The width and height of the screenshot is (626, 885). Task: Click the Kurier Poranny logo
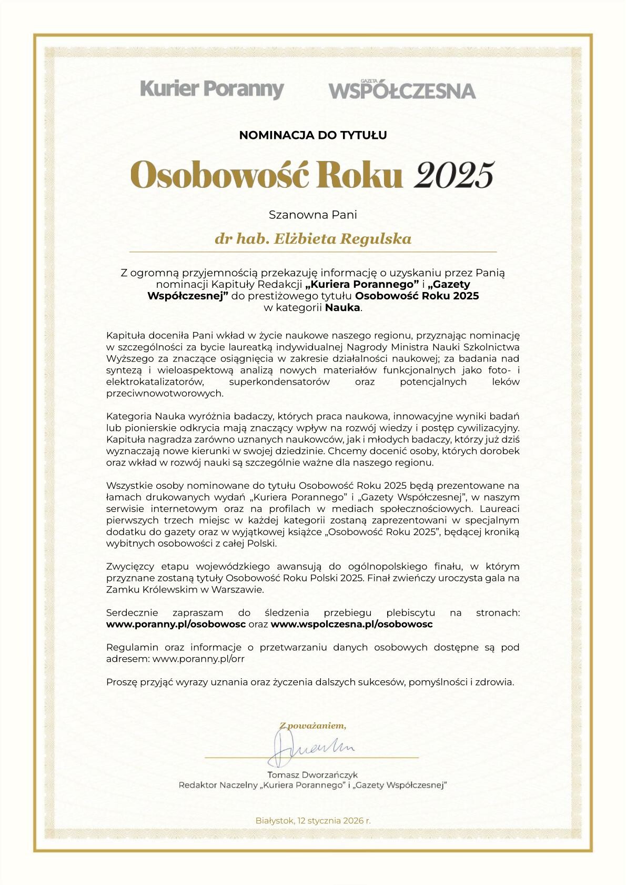(212, 89)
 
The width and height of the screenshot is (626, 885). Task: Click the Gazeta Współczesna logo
(402, 90)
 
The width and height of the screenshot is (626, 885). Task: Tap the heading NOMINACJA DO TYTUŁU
(313, 135)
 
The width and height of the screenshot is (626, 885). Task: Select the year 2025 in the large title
(455, 175)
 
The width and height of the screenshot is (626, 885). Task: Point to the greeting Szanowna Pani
(313, 215)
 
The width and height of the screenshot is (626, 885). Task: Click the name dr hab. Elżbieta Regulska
(313, 239)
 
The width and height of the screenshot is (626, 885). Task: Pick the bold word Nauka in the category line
(342, 308)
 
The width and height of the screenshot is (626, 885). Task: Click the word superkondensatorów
(279, 382)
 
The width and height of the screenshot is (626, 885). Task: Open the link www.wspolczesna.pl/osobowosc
(351, 624)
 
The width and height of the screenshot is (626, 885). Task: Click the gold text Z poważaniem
(313, 726)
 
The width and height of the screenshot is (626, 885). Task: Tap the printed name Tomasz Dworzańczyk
(312, 775)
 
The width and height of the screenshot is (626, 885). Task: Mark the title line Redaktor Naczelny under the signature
(313, 786)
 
